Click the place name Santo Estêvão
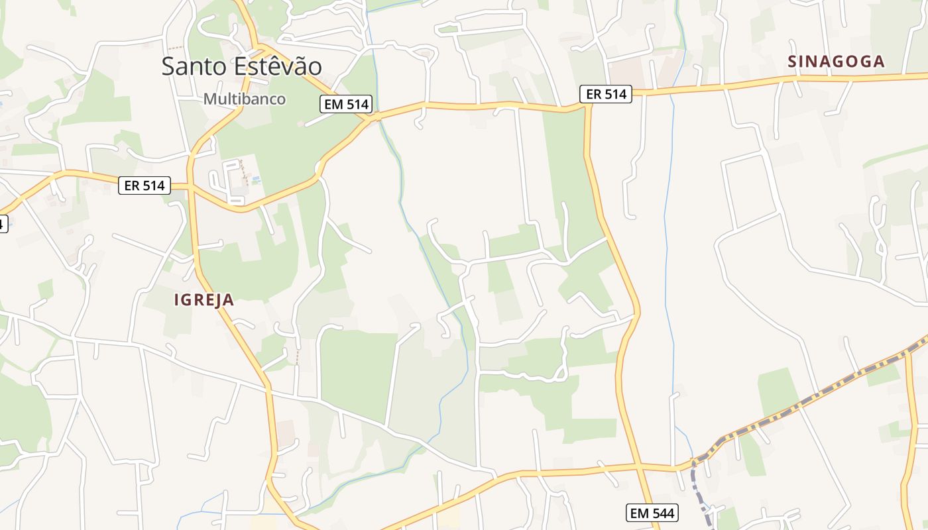pos(242,66)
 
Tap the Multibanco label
pos(245,99)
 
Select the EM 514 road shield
pos(347,104)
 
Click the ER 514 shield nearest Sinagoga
pos(607,94)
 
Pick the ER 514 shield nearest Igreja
pos(145,185)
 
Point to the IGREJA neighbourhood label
pos(204,300)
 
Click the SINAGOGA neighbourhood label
pos(837,62)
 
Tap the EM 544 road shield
pos(652,513)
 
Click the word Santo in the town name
pos(194,66)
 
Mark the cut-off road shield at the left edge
pos(3,223)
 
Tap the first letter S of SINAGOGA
pos(792,62)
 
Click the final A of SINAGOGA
pos(879,62)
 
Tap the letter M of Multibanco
pos(209,99)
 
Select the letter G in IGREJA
pos(187,300)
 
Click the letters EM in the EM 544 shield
pos(640,513)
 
